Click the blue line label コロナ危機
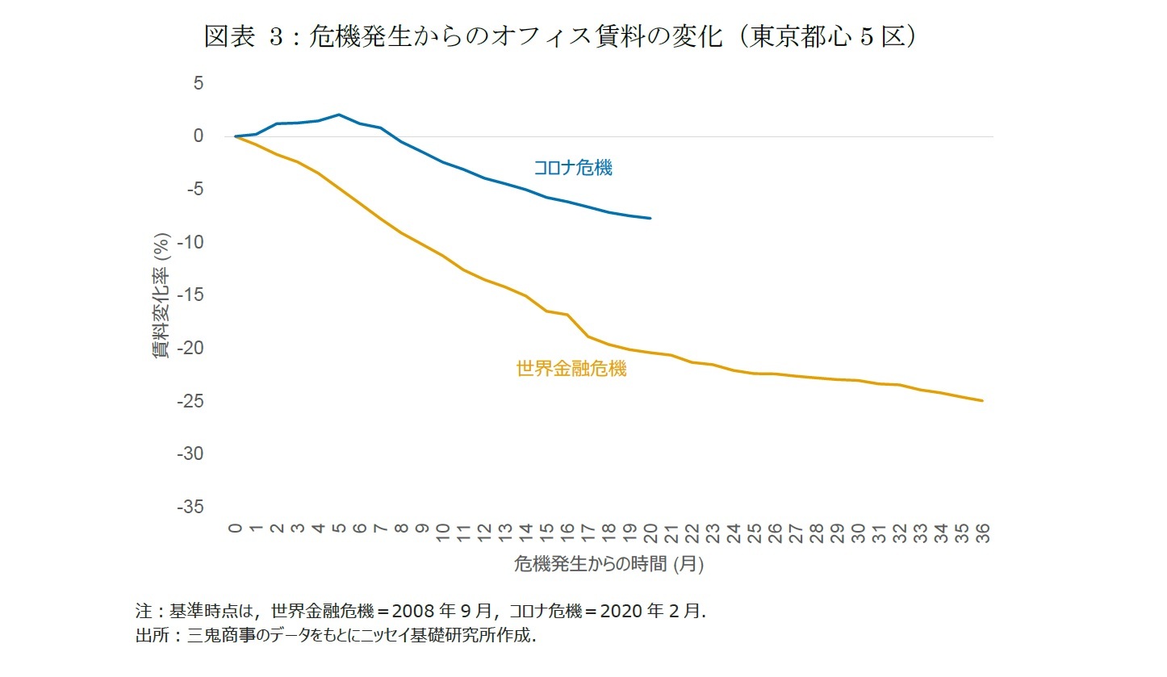coord(572,168)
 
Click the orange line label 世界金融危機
coord(571,370)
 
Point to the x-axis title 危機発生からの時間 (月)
coord(609,564)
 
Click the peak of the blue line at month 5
coord(339,115)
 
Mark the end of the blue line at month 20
coord(650,218)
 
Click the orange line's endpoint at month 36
coord(982,400)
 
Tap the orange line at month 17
coord(588,336)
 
